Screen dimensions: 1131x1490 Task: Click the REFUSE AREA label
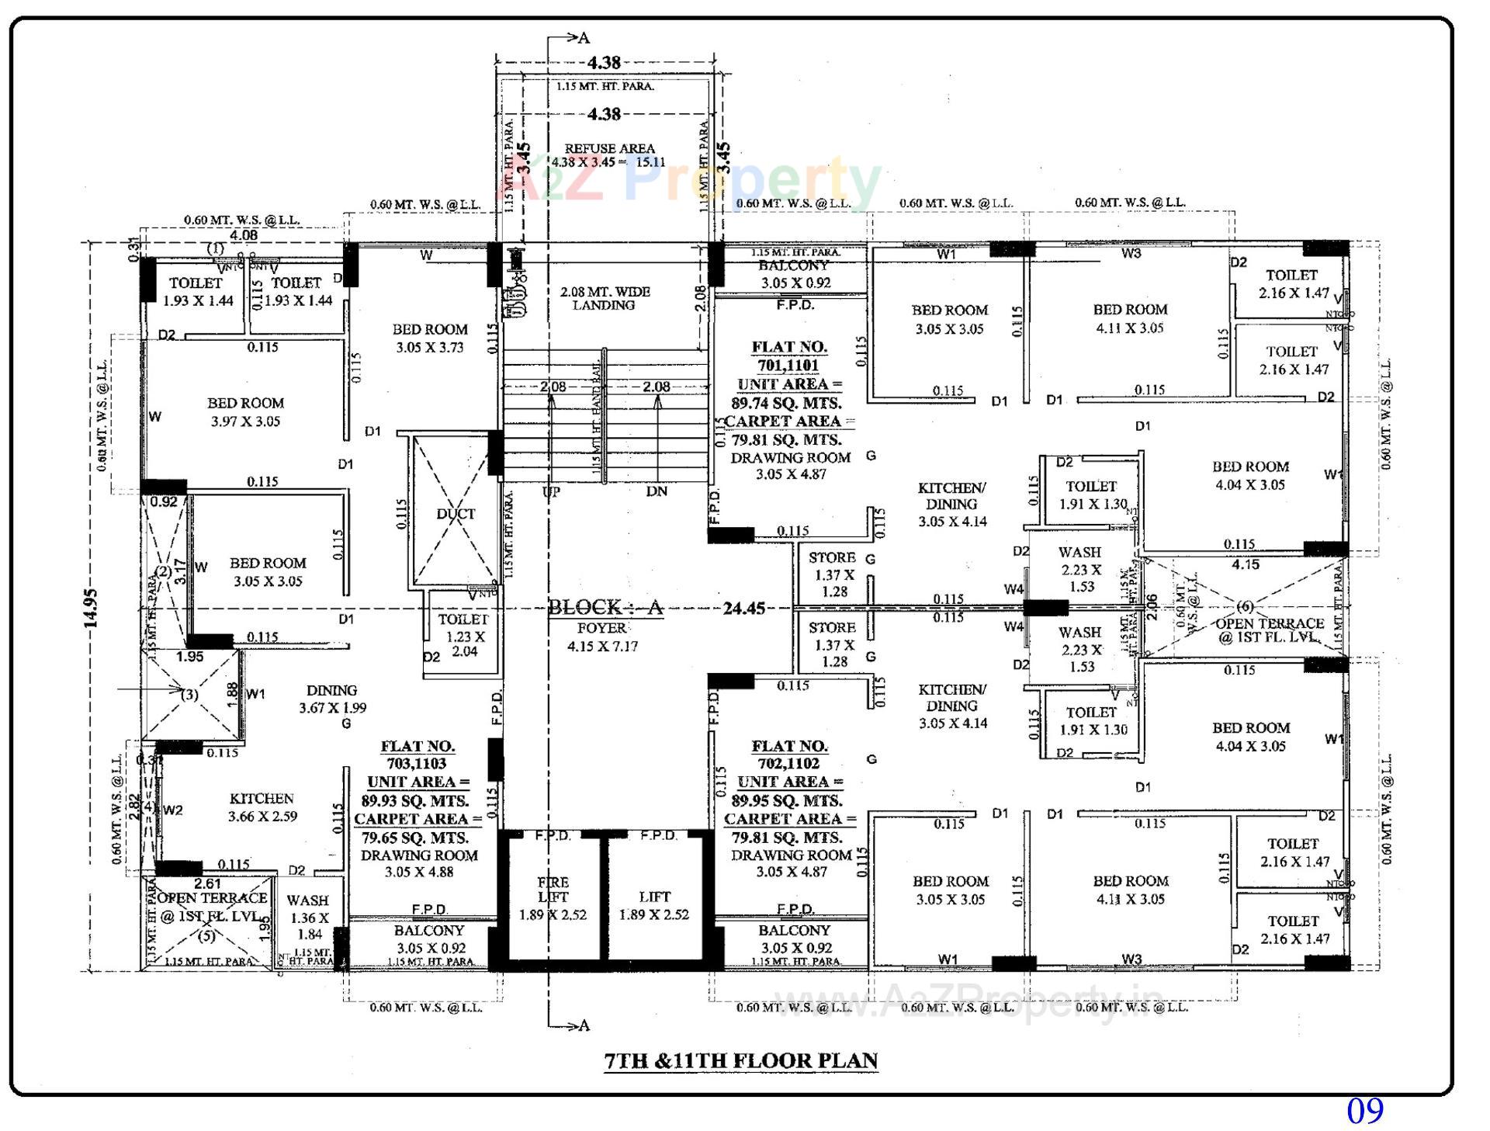click(609, 148)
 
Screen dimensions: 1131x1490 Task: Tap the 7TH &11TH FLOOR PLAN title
click(741, 1060)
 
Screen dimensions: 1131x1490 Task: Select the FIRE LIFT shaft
click(553, 898)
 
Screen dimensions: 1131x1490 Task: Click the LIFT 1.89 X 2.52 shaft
click(653, 905)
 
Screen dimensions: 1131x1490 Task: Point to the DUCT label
click(456, 514)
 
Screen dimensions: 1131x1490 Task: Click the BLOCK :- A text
click(605, 607)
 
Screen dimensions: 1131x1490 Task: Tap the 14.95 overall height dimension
click(92, 608)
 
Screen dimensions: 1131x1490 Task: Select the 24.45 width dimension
click(743, 608)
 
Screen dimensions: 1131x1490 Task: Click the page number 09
click(1364, 1111)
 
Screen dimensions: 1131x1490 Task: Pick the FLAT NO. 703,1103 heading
click(418, 755)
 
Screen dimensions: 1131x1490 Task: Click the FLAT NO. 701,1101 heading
click(788, 356)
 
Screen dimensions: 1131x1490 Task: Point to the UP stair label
click(550, 491)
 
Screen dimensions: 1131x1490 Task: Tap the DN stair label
click(657, 491)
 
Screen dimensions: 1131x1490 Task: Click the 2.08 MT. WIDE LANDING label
click(605, 298)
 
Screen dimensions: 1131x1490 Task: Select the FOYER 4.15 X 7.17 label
click(602, 637)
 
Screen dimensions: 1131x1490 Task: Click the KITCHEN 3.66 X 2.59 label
click(262, 807)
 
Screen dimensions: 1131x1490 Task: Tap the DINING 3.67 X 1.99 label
click(332, 699)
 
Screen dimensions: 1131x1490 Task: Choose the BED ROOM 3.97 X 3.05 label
click(245, 412)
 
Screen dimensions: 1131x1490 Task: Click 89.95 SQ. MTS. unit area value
click(786, 800)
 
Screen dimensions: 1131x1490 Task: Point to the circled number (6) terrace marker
click(1245, 606)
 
